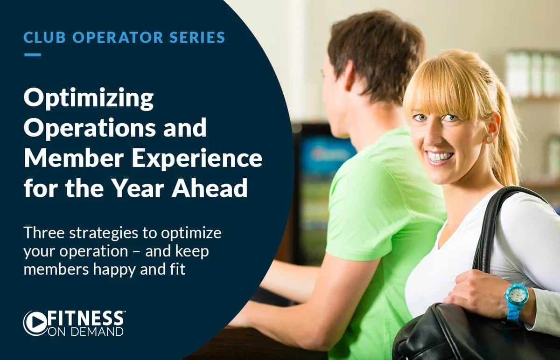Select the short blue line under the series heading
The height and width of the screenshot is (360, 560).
(x=32, y=55)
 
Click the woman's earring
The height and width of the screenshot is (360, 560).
(x=489, y=139)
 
